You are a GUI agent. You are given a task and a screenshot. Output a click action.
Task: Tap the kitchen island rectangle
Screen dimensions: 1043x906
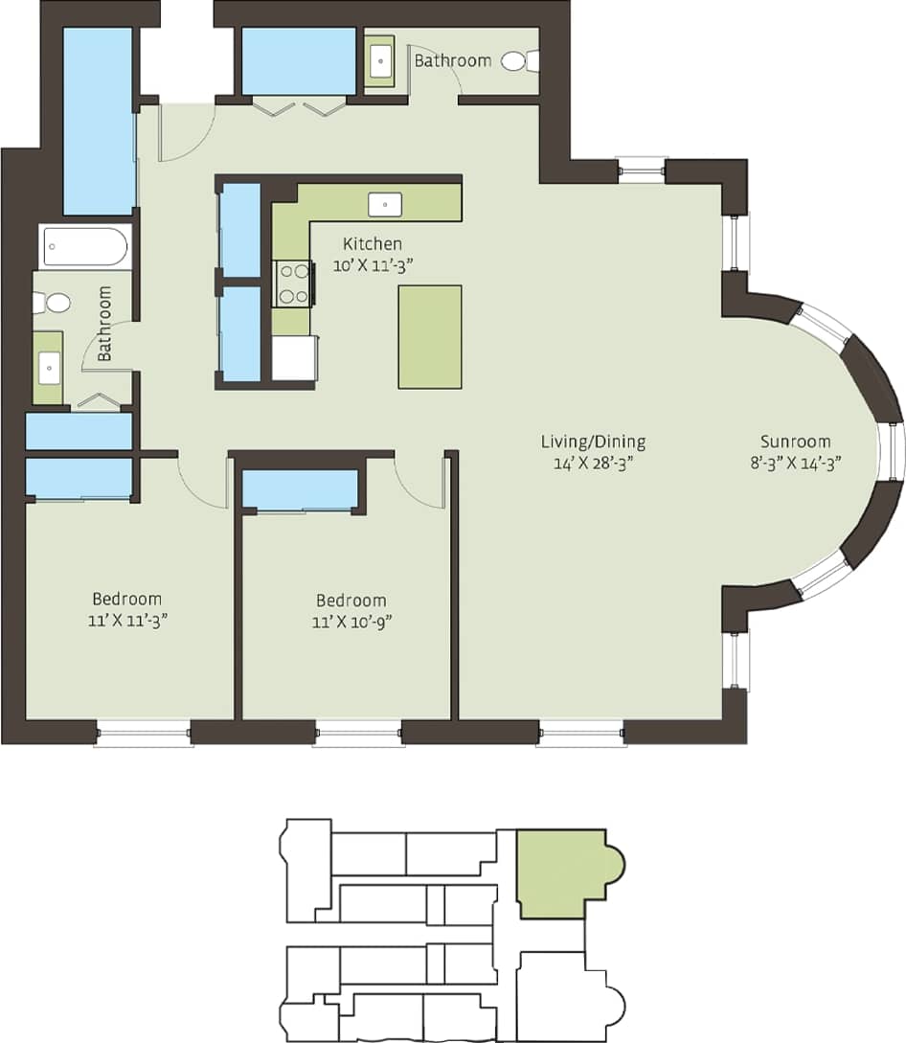tap(430, 336)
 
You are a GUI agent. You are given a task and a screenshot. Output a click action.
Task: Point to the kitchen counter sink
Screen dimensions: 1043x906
tap(385, 203)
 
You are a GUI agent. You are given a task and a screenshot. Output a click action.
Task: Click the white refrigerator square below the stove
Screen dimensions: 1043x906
tap(293, 357)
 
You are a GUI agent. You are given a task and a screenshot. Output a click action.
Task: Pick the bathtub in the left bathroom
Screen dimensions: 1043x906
tap(85, 247)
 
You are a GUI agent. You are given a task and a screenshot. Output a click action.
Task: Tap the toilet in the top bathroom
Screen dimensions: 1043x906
tap(518, 61)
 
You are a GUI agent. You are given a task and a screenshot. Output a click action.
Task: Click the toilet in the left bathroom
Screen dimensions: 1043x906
tap(54, 304)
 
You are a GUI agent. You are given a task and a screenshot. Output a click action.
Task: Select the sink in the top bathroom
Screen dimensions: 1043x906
tap(379, 61)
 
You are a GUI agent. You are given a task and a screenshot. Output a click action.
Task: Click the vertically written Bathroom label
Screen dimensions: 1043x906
tap(104, 323)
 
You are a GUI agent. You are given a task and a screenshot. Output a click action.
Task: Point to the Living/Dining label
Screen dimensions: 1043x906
tap(593, 442)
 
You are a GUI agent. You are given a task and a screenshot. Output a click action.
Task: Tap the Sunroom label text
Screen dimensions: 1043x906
tap(795, 442)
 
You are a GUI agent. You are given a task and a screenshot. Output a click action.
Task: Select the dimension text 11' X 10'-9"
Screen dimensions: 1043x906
tap(351, 622)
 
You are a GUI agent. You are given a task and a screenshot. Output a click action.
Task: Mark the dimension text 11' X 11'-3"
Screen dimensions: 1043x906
tap(126, 620)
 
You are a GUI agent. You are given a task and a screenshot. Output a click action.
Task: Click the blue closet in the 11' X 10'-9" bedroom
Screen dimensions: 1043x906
tap(300, 489)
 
